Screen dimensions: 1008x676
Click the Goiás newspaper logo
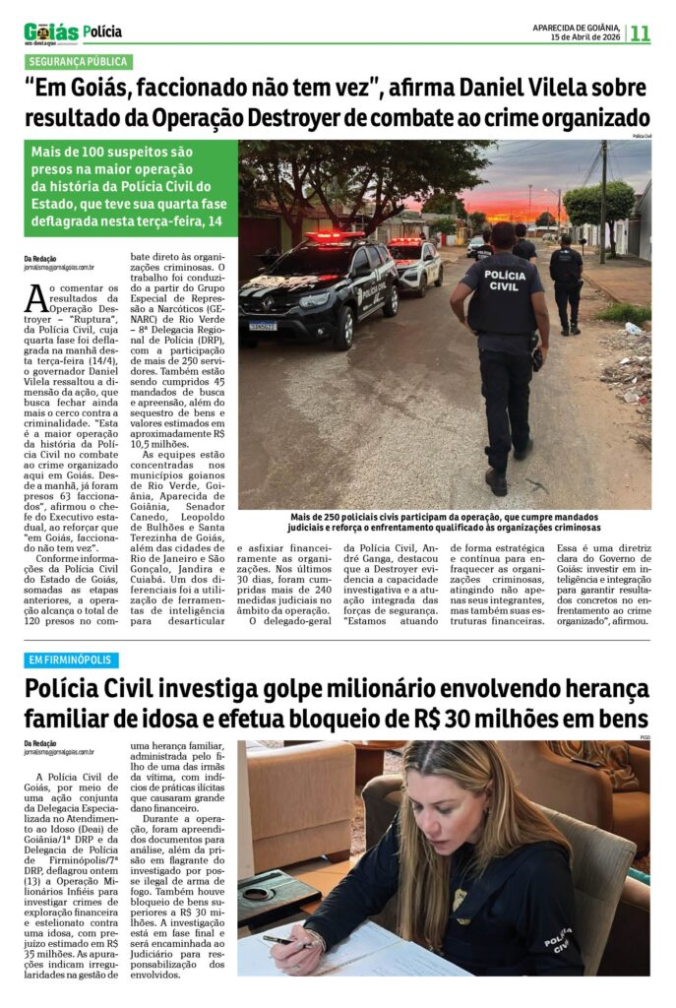[x=50, y=32]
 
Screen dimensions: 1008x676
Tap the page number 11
[x=640, y=33]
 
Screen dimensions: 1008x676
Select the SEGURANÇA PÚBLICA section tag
[x=79, y=62]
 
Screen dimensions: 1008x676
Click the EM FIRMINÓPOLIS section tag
[x=72, y=660]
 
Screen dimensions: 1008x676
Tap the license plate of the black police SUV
[x=263, y=326]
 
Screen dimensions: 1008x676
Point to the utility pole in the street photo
[x=602, y=197]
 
